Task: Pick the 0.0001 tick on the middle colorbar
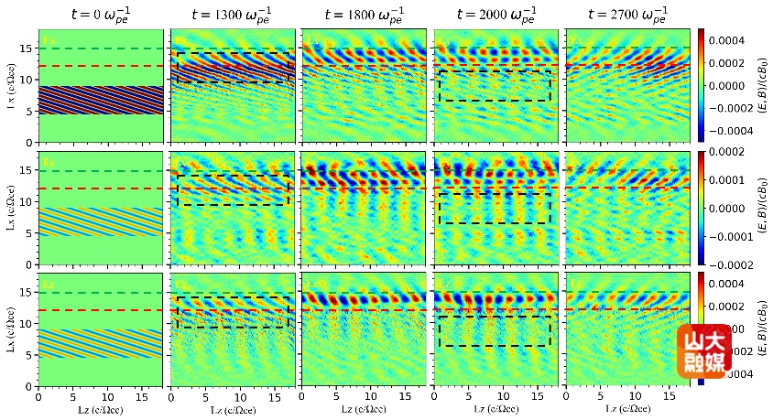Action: [x=736, y=188]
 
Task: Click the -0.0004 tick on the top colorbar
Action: [x=738, y=130]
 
